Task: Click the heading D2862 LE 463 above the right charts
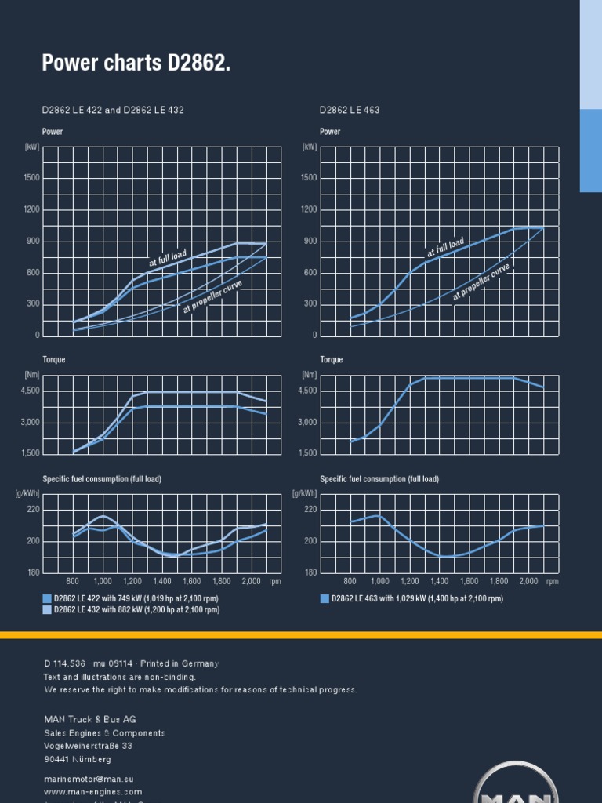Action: [350, 110]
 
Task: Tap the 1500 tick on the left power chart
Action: [32, 178]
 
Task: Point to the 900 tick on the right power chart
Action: [310, 242]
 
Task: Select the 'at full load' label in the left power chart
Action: [168, 256]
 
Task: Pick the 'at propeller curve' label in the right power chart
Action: [481, 282]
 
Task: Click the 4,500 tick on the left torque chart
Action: [30, 391]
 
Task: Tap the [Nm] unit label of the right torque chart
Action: [310, 375]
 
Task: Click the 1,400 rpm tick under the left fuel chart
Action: [162, 581]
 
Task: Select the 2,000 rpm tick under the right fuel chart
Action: [529, 581]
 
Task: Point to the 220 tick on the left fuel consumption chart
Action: [33, 509]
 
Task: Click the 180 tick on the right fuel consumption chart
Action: [310, 572]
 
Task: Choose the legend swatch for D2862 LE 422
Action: [47, 598]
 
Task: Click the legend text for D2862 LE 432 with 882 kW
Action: [136, 609]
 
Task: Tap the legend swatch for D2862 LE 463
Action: [325, 598]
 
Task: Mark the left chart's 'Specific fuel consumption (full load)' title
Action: [102, 479]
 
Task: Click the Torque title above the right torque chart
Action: [332, 360]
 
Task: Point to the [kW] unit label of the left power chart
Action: [32, 147]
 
